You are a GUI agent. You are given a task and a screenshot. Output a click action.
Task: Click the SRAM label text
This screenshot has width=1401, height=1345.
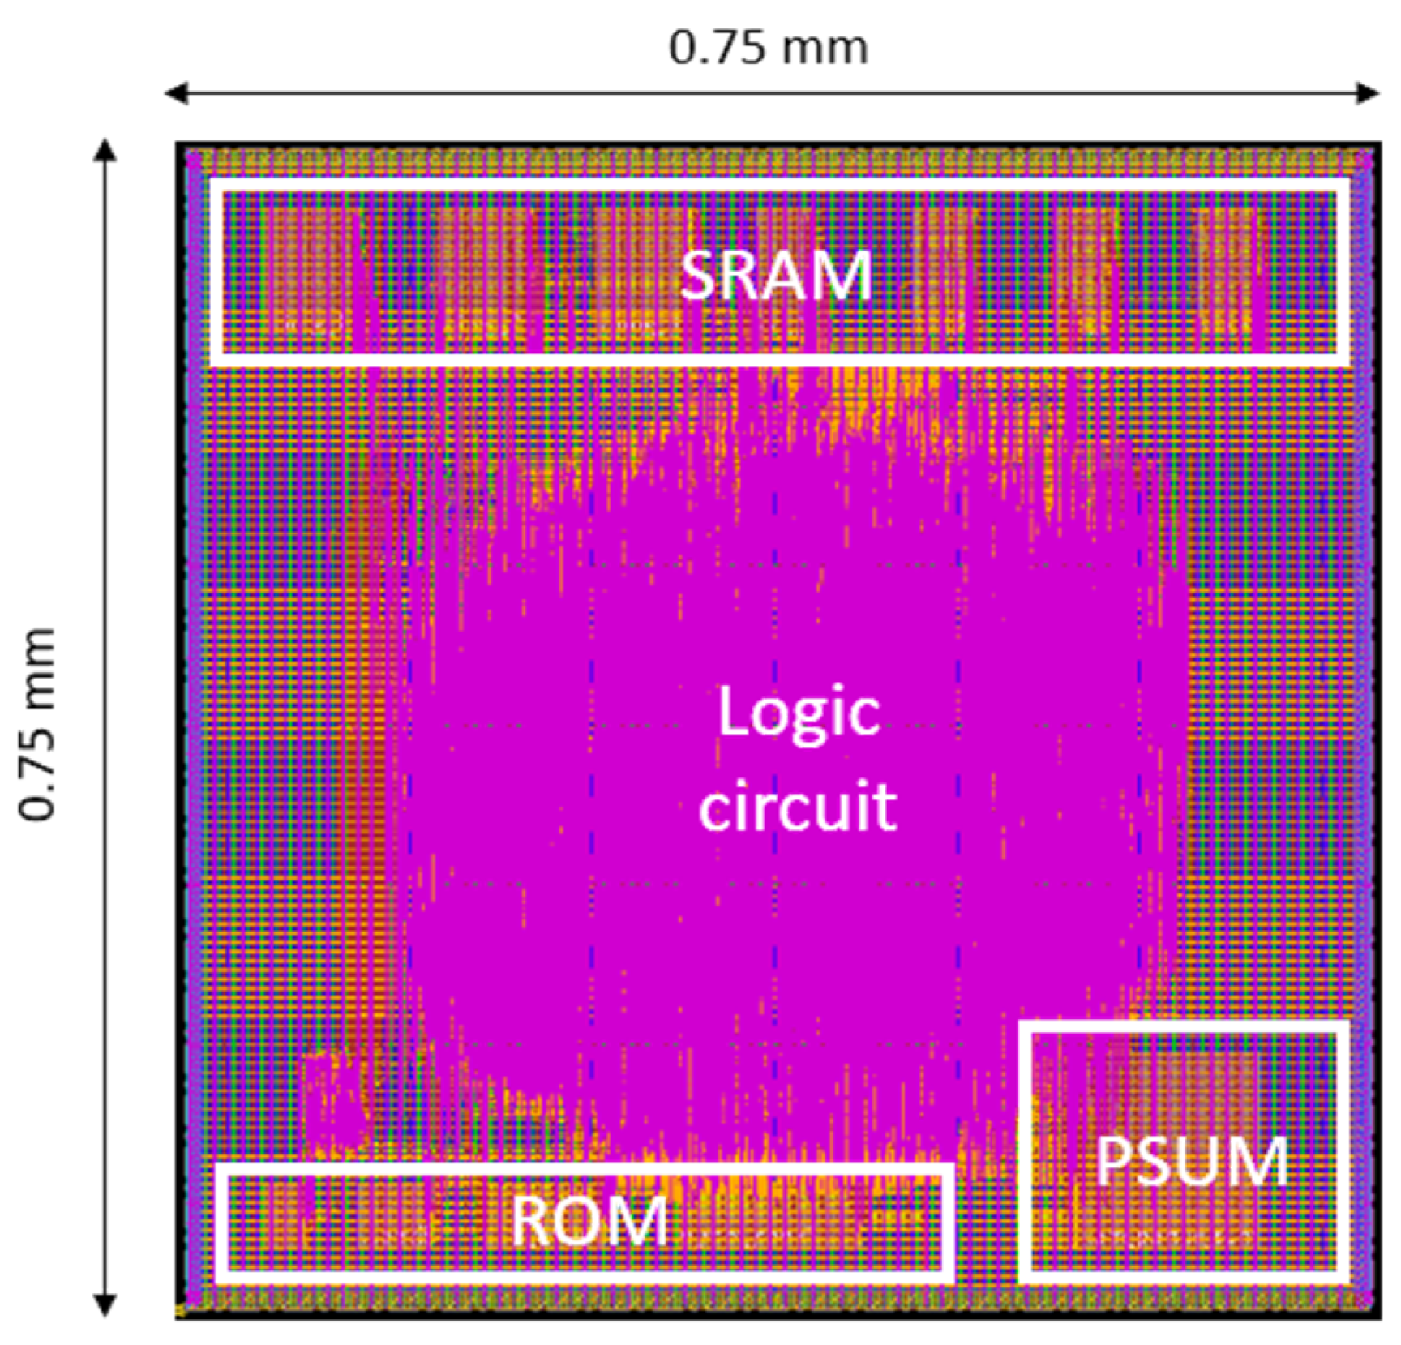[775, 276]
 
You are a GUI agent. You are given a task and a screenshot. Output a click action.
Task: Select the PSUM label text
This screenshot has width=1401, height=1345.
[1192, 1161]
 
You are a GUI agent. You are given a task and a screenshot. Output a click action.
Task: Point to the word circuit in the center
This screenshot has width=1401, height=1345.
[798, 806]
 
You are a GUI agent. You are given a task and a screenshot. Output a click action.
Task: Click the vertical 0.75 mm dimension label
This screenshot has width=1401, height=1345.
[37, 724]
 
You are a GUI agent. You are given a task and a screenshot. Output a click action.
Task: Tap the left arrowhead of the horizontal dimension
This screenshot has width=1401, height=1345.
[172, 93]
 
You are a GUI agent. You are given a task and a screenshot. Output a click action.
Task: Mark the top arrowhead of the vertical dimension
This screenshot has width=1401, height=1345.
[105, 148]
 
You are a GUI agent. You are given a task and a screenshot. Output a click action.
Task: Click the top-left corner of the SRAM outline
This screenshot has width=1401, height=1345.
[216, 183]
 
